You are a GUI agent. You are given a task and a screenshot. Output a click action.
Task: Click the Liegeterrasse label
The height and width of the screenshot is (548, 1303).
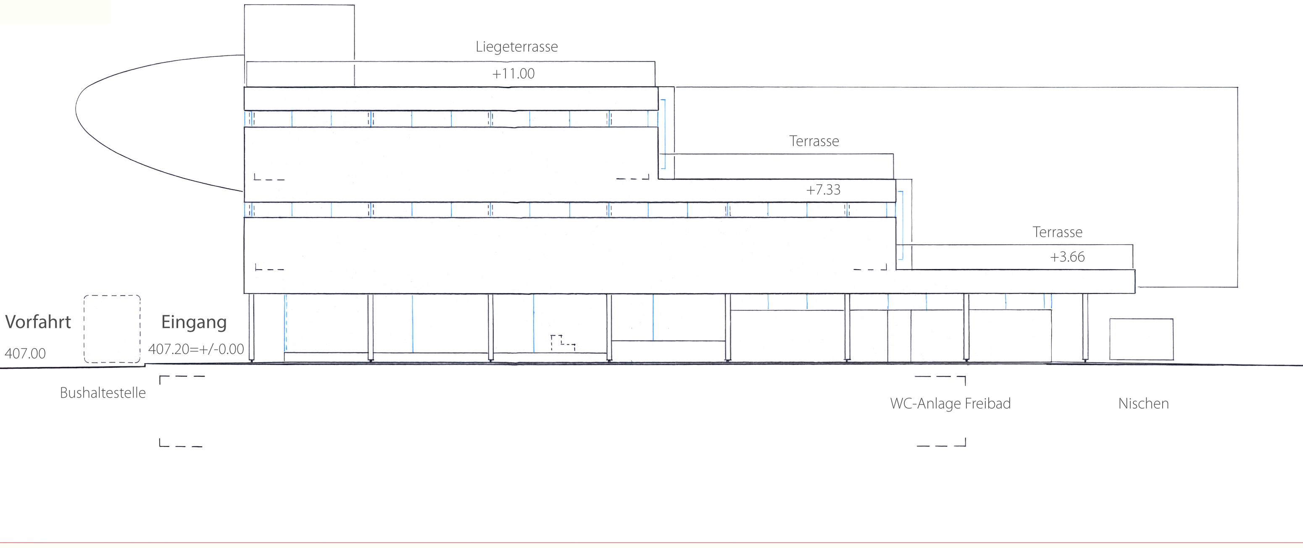tap(516, 47)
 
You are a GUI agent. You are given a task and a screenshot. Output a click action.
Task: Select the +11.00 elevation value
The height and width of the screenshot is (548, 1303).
tap(513, 74)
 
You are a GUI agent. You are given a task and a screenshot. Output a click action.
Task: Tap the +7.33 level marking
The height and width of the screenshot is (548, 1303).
tap(823, 190)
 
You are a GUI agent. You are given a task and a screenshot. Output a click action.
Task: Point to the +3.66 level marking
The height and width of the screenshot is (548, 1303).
tap(1067, 257)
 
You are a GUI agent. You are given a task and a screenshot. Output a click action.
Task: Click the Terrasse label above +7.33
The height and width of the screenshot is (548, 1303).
tap(814, 141)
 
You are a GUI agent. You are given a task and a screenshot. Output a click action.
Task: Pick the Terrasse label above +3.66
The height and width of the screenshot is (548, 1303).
tap(1057, 232)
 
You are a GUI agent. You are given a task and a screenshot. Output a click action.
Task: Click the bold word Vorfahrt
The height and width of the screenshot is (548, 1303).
tap(38, 322)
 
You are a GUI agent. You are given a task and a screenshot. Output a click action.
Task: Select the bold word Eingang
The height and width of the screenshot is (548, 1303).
tap(194, 322)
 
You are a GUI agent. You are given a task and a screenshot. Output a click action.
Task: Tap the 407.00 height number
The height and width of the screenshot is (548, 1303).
tap(25, 354)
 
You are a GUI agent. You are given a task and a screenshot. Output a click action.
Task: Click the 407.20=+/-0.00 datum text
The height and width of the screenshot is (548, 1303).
tap(196, 349)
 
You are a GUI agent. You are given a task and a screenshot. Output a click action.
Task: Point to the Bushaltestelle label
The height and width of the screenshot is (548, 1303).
tap(103, 393)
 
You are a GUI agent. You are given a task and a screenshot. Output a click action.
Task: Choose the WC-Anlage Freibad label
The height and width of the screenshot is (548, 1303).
tap(950, 404)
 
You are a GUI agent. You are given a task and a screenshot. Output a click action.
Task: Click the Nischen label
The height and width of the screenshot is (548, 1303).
tap(1143, 404)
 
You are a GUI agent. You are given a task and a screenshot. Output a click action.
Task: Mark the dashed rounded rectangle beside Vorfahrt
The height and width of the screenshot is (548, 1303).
tap(112, 329)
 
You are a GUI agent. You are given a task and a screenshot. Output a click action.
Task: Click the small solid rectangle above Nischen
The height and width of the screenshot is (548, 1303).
tap(1141, 339)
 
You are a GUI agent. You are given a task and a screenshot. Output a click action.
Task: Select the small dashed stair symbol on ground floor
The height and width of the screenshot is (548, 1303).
tap(562, 342)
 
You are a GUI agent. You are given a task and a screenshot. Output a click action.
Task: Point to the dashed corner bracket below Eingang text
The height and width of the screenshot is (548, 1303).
tap(181, 377)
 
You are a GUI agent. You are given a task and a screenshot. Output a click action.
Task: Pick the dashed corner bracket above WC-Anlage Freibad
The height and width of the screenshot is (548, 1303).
tap(941, 378)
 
